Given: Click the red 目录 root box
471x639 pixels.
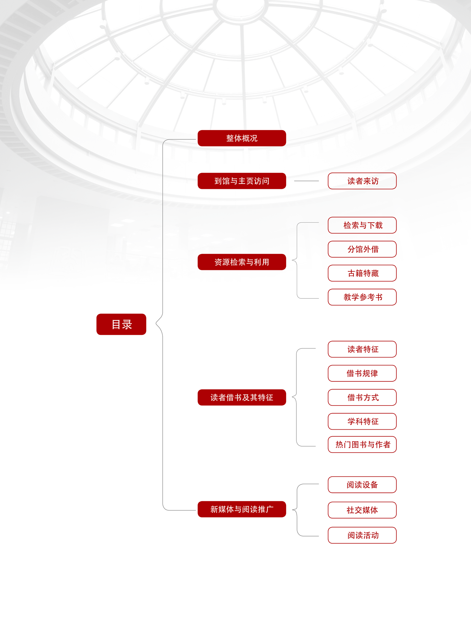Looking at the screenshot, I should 121,324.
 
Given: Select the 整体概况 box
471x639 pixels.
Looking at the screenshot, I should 242,138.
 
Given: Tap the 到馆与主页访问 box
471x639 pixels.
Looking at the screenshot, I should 242,181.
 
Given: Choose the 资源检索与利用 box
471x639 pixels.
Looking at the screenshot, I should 242,262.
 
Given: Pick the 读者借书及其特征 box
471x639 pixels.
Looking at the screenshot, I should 242,397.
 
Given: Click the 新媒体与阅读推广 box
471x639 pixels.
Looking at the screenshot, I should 242,509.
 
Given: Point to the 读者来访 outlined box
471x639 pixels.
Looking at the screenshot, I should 362,181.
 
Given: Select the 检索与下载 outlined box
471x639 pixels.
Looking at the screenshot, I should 362,225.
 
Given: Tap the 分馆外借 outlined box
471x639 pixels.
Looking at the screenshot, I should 362,249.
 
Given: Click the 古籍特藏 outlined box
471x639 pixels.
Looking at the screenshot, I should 362,273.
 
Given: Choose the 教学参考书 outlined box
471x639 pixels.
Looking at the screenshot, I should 362,297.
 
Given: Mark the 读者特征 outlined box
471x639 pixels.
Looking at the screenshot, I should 362,349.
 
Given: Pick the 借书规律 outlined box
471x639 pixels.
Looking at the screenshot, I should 362,373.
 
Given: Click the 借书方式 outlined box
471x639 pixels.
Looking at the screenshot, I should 362,397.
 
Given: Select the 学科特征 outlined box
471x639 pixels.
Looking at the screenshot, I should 362,421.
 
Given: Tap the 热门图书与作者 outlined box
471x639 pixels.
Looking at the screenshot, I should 362,444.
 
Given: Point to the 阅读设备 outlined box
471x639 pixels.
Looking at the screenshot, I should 362,485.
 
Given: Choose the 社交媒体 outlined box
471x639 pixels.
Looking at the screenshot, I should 362,510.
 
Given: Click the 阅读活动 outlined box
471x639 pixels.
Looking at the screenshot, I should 362,535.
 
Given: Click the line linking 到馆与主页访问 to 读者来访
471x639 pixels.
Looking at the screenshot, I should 306,181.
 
